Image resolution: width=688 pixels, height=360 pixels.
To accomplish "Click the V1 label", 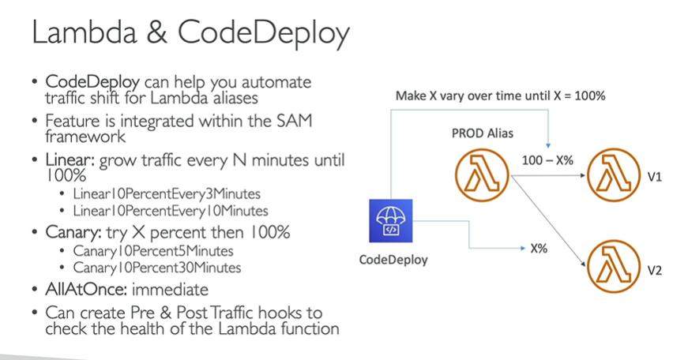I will [654, 178].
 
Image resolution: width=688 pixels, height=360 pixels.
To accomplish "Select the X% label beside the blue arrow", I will [539, 248].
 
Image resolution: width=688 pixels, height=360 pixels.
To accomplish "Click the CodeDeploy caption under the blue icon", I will [393, 260].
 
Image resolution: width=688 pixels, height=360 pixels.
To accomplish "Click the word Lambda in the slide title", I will [83, 34].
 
